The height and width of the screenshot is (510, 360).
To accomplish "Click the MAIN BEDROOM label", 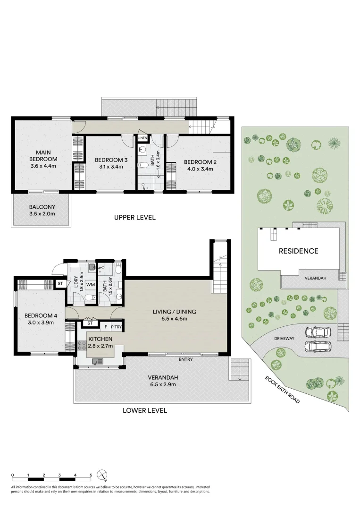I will point(43,156).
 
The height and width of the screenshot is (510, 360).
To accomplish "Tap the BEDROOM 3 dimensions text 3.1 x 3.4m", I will point(108,167).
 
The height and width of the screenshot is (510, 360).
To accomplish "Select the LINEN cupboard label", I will point(142,138).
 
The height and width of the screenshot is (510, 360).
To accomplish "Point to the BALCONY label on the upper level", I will point(42,207).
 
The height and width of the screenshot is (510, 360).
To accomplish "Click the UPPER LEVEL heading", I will point(134,218).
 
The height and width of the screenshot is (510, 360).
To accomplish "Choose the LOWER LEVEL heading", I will point(145,410).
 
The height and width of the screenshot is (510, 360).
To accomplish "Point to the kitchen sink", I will point(98,362).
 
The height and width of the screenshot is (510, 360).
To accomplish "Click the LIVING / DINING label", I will point(174,312).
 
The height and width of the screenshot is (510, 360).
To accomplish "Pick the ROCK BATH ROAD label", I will point(282,389).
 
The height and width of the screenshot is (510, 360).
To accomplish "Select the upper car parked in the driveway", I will point(317,332).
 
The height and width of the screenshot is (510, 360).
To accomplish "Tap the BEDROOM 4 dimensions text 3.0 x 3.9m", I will point(40,323).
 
